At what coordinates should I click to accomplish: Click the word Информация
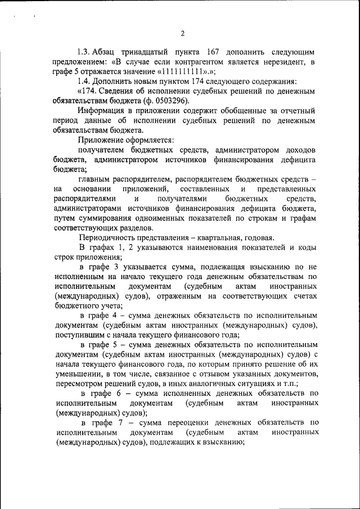[101, 110]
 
